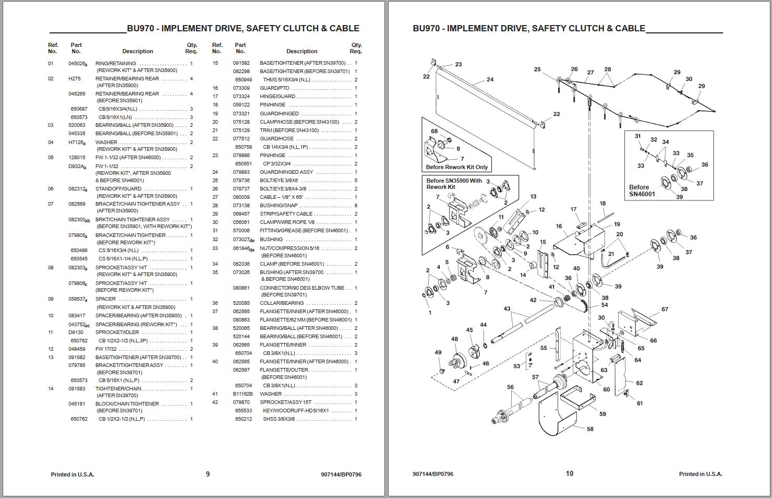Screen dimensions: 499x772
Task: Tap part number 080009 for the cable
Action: coord(241,197)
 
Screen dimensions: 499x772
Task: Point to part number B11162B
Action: coord(243,394)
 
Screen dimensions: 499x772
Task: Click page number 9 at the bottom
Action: coord(208,474)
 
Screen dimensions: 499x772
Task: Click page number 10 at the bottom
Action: coord(569,473)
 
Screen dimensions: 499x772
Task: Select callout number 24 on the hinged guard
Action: coord(490,80)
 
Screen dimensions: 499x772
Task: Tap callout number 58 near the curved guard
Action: coord(590,429)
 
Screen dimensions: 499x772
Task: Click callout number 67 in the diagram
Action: coord(665,309)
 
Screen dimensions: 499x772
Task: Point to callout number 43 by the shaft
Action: coord(506,309)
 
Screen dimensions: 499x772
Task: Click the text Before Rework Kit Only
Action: coord(456,167)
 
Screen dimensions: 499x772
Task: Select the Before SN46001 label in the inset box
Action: coord(642,191)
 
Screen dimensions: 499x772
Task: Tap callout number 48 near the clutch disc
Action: coord(454,339)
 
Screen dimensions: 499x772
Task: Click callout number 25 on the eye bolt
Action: coord(537,69)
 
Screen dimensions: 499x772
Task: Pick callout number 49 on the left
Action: coord(438,352)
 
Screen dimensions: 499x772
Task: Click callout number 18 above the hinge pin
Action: coord(602,204)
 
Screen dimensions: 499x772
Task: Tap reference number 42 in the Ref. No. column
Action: coord(215,402)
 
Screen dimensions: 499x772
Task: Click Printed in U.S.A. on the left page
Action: coord(73,474)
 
